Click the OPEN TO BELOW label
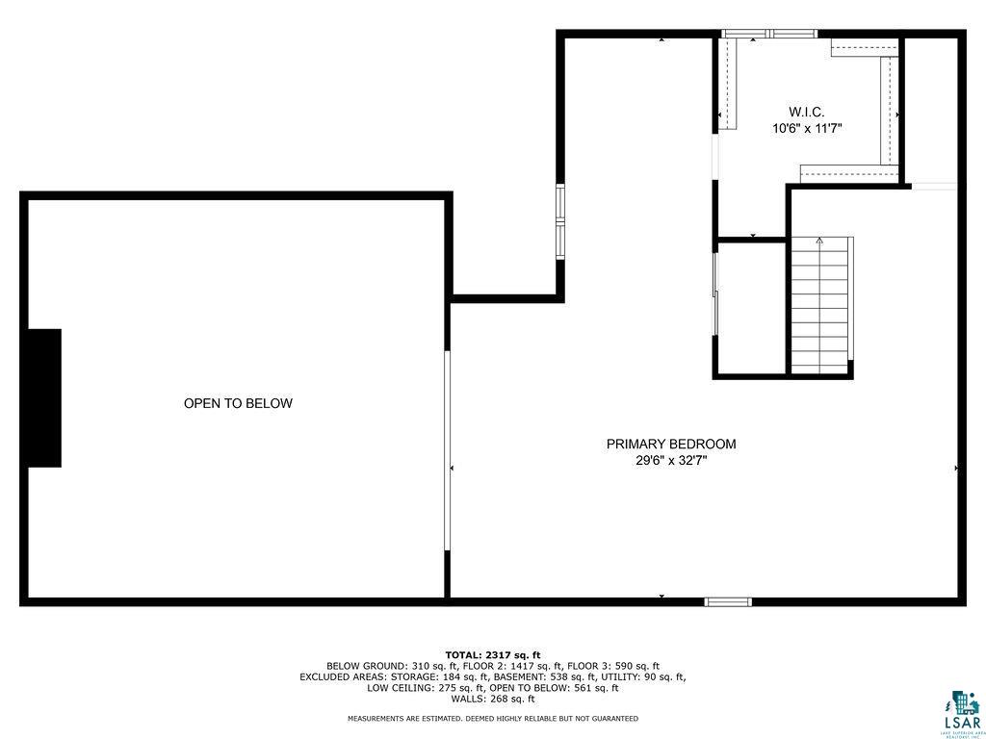(238, 404)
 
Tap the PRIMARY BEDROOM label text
(671, 445)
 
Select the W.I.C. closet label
(807, 112)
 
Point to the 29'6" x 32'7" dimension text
(671, 461)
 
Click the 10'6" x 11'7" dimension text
(807, 128)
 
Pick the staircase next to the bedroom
(821, 306)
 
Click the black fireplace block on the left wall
(44, 398)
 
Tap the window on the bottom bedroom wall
(728, 602)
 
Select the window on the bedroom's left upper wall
(560, 222)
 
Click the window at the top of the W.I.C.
(769, 34)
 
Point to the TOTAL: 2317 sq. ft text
(493, 655)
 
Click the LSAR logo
(960, 711)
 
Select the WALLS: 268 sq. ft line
(493, 700)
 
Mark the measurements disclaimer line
(493, 719)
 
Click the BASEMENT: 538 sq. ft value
(556, 676)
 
